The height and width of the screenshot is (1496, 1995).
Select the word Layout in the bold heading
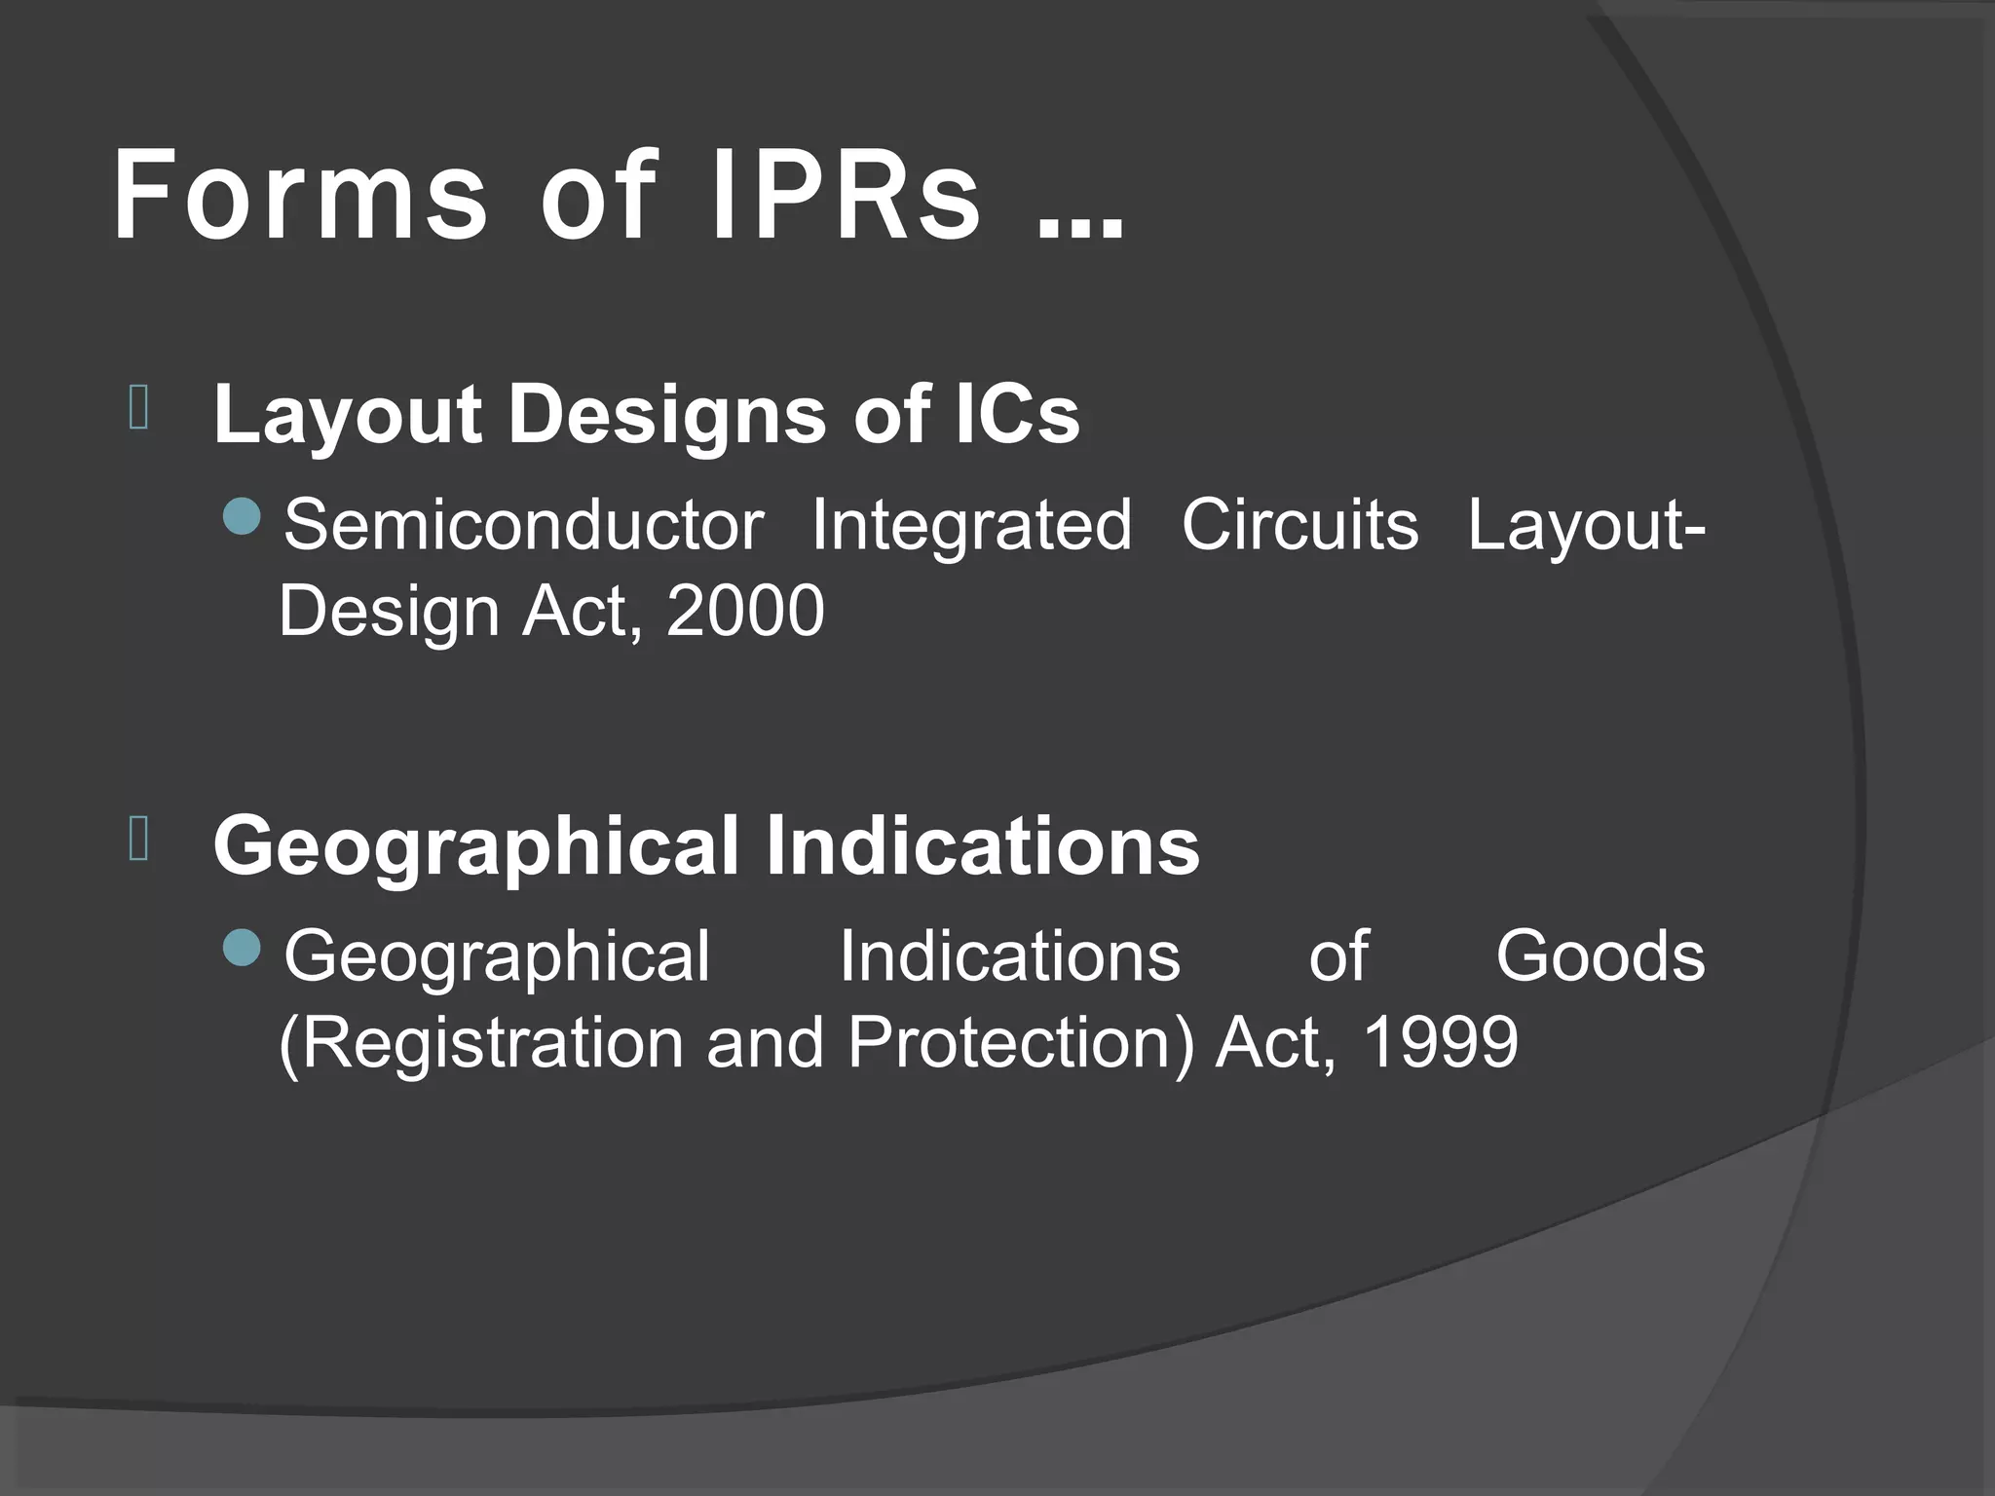tap(348, 415)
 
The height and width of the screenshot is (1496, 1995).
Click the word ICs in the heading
tap(1017, 413)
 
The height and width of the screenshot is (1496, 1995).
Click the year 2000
tap(745, 612)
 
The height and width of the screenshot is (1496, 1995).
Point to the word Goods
tap(1600, 956)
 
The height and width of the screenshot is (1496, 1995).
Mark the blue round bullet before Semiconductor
tap(242, 517)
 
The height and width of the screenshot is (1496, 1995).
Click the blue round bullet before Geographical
tap(242, 948)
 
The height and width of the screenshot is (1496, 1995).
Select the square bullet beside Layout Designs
tap(138, 409)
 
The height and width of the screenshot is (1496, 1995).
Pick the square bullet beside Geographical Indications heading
tap(138, 840)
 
